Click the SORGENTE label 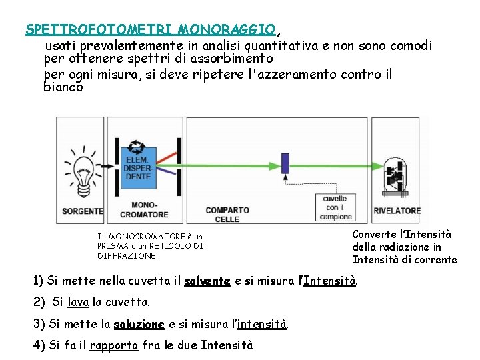(83, 211)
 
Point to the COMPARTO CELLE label (227, 214)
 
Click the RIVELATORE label (397, 211)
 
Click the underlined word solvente (207, 281)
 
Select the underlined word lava (78, 303)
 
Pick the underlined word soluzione (139, 325)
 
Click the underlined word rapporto (113, 346)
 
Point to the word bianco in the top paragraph (63, 87)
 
